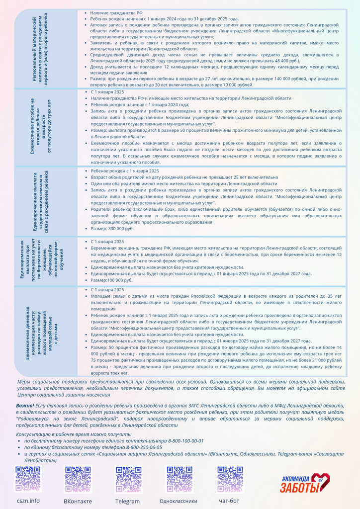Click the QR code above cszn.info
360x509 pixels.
pyautogui.click(x=28, y=479)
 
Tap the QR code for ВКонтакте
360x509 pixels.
pyautogui.click(x=78, y=479)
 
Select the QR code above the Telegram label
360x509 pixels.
pyautogui.click(x=128, y=479)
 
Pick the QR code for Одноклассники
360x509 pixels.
pyautogui.click(x=179, y=479)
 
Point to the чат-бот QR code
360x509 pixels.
pyautogui.click(x=230, y=479)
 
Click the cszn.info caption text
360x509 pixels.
pyautogui.click(x=28, y=501)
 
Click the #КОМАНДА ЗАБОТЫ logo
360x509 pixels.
pyautogui.click(x=304, y=483)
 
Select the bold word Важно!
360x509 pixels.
pyautogui.click(x=25, y=406)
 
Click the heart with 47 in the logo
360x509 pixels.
pyautogui.click(x=321, y=481)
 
